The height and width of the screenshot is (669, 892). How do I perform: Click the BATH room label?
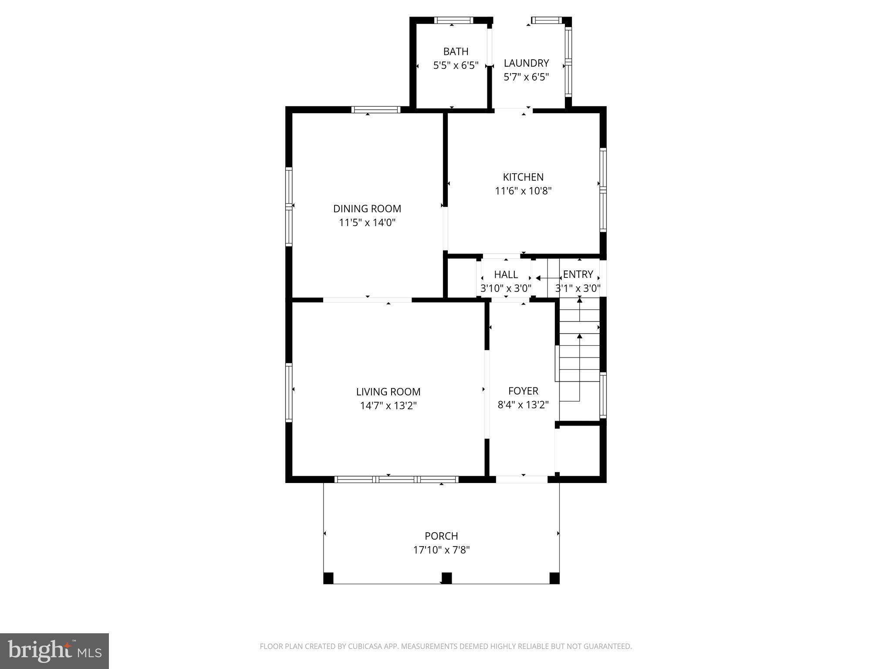point(456,51)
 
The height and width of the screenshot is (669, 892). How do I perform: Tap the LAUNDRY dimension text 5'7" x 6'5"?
point(526,77)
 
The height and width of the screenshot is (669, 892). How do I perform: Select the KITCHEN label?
point(523,177)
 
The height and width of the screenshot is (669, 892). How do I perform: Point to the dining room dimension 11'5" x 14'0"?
point(367,223)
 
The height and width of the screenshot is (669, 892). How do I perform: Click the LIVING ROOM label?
point(388,392)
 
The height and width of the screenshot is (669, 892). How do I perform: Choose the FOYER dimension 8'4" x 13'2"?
point(523,405)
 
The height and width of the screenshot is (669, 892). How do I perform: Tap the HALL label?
point(506,274)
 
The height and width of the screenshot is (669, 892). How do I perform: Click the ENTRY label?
point(578,274)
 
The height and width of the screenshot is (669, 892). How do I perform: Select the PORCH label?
point(441,536)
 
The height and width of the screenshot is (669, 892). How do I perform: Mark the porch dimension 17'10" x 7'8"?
point(441,550)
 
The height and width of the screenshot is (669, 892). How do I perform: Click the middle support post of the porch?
point(446,578)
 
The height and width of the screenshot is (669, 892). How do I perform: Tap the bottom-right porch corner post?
point(554,578)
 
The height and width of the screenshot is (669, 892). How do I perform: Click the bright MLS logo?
point(54,651)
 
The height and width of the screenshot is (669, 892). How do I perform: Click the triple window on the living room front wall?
point(396,479)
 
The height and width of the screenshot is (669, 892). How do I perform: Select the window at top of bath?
point(453,20)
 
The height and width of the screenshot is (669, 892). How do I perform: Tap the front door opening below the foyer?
point(521,479)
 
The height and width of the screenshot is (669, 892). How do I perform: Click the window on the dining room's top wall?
point(376,109)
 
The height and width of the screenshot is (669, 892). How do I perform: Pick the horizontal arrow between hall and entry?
point(547,278)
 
